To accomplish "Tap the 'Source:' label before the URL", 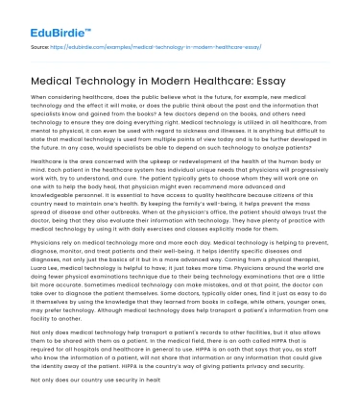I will pyautogui.click(x=41, y=45).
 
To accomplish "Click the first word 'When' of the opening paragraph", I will pyautogui.click(x=39, y=98).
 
